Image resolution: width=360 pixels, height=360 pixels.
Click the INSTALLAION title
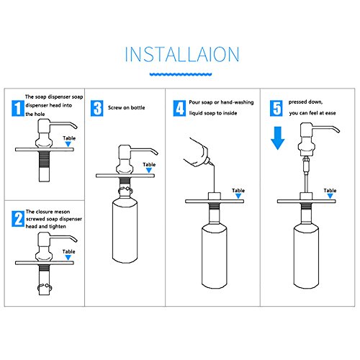tap(182, 54)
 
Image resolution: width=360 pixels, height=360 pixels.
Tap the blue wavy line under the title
tap(181, 74)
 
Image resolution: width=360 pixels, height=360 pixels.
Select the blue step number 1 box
tap(18, 108)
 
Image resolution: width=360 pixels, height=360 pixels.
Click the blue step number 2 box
tap(18, 219)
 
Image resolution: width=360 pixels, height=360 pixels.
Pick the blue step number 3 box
tap(97, 108)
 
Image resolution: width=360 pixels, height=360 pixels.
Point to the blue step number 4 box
tap(179, 108)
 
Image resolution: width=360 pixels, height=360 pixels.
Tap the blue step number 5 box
tap(276, 108)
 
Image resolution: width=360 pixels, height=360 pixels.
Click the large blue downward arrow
tap(278, 138)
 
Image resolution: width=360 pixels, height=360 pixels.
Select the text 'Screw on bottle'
tap(127, 108)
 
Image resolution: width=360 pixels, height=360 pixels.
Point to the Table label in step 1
tap(69, 138)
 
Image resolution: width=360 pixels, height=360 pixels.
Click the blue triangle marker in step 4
tap(238, 196)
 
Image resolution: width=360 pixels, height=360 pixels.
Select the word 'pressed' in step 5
tap(297, 102)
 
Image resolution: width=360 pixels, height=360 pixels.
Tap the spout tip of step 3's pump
tap(156, 153)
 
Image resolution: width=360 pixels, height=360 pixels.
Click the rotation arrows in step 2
tap(45, 287)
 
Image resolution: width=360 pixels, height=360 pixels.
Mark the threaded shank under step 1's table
tap(45, 161)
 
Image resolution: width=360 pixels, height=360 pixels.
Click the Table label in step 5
tap(330, 191)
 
